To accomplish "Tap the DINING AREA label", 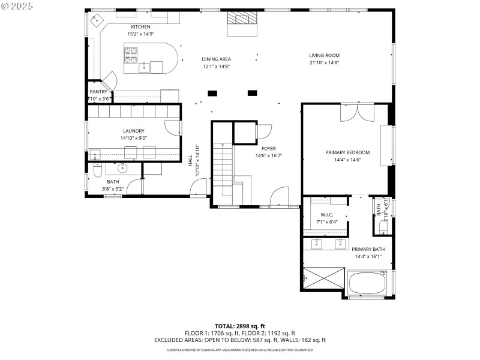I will click(216, 59).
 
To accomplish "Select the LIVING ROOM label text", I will click(324, 55).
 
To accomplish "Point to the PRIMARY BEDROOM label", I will click(347, 152).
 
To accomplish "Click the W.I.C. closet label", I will click(326, 214).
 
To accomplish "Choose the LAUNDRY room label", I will click(133, 131).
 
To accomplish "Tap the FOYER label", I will click(268, 148).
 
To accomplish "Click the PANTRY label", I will click(98, 92).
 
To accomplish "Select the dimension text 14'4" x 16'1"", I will click(368, 257).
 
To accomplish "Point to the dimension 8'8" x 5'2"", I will click(113, 189).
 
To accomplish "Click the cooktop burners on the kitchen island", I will click(131, 55).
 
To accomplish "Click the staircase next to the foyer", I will click(223, 171).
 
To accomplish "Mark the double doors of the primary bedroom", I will click(357, 113).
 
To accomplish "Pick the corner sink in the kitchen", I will click(97, 19).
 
